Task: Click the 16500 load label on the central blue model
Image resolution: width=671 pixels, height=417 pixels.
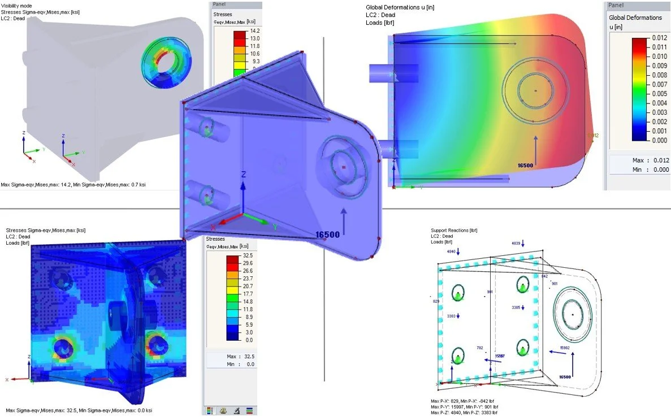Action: (x=327, y=234)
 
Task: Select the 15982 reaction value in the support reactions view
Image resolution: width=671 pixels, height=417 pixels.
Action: (x=564, y=347)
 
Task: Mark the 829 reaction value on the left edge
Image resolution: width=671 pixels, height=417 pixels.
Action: (x=436, y=302)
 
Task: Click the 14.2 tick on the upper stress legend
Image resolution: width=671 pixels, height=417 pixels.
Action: (x=254, y=31)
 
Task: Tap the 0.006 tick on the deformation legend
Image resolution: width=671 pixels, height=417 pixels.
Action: (x=660, y=93)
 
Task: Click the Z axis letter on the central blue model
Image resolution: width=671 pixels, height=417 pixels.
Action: (x=242, y=175)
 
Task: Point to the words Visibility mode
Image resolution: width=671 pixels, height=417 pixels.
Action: (x=16, y=5)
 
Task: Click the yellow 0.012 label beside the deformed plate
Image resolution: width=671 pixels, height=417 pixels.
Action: (x=592, y=135)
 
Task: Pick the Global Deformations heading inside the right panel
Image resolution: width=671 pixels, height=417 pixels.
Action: (x=635, y=18)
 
